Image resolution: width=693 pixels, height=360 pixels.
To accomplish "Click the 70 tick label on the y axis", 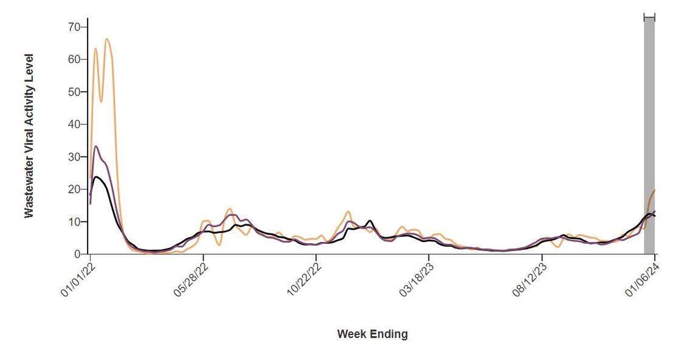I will (74, 27).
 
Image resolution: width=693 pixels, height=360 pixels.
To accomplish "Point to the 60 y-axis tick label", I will (74, 59).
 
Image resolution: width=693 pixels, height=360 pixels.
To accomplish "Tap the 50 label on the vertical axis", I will (74, 92).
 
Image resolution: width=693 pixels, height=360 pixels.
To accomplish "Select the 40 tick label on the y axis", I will (74, 124).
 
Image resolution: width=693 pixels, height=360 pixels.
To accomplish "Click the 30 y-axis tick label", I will (74, 157).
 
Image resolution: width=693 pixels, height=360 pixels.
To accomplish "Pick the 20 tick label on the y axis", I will (74, 189).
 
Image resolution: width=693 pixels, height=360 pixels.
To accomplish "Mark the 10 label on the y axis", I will (74, 222).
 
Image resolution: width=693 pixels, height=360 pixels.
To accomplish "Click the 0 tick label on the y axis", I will (77, 254).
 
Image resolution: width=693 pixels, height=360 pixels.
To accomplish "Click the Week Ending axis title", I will (372, 334).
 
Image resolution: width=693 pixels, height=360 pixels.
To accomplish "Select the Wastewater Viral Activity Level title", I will (29, 136).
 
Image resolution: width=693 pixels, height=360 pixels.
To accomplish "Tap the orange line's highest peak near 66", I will (107, 39).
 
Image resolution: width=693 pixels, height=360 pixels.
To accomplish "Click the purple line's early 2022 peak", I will (96, 146).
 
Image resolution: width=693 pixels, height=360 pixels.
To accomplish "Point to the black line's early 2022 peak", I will (96, 177).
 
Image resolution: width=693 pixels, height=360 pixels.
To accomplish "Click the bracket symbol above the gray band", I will (649, 18).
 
